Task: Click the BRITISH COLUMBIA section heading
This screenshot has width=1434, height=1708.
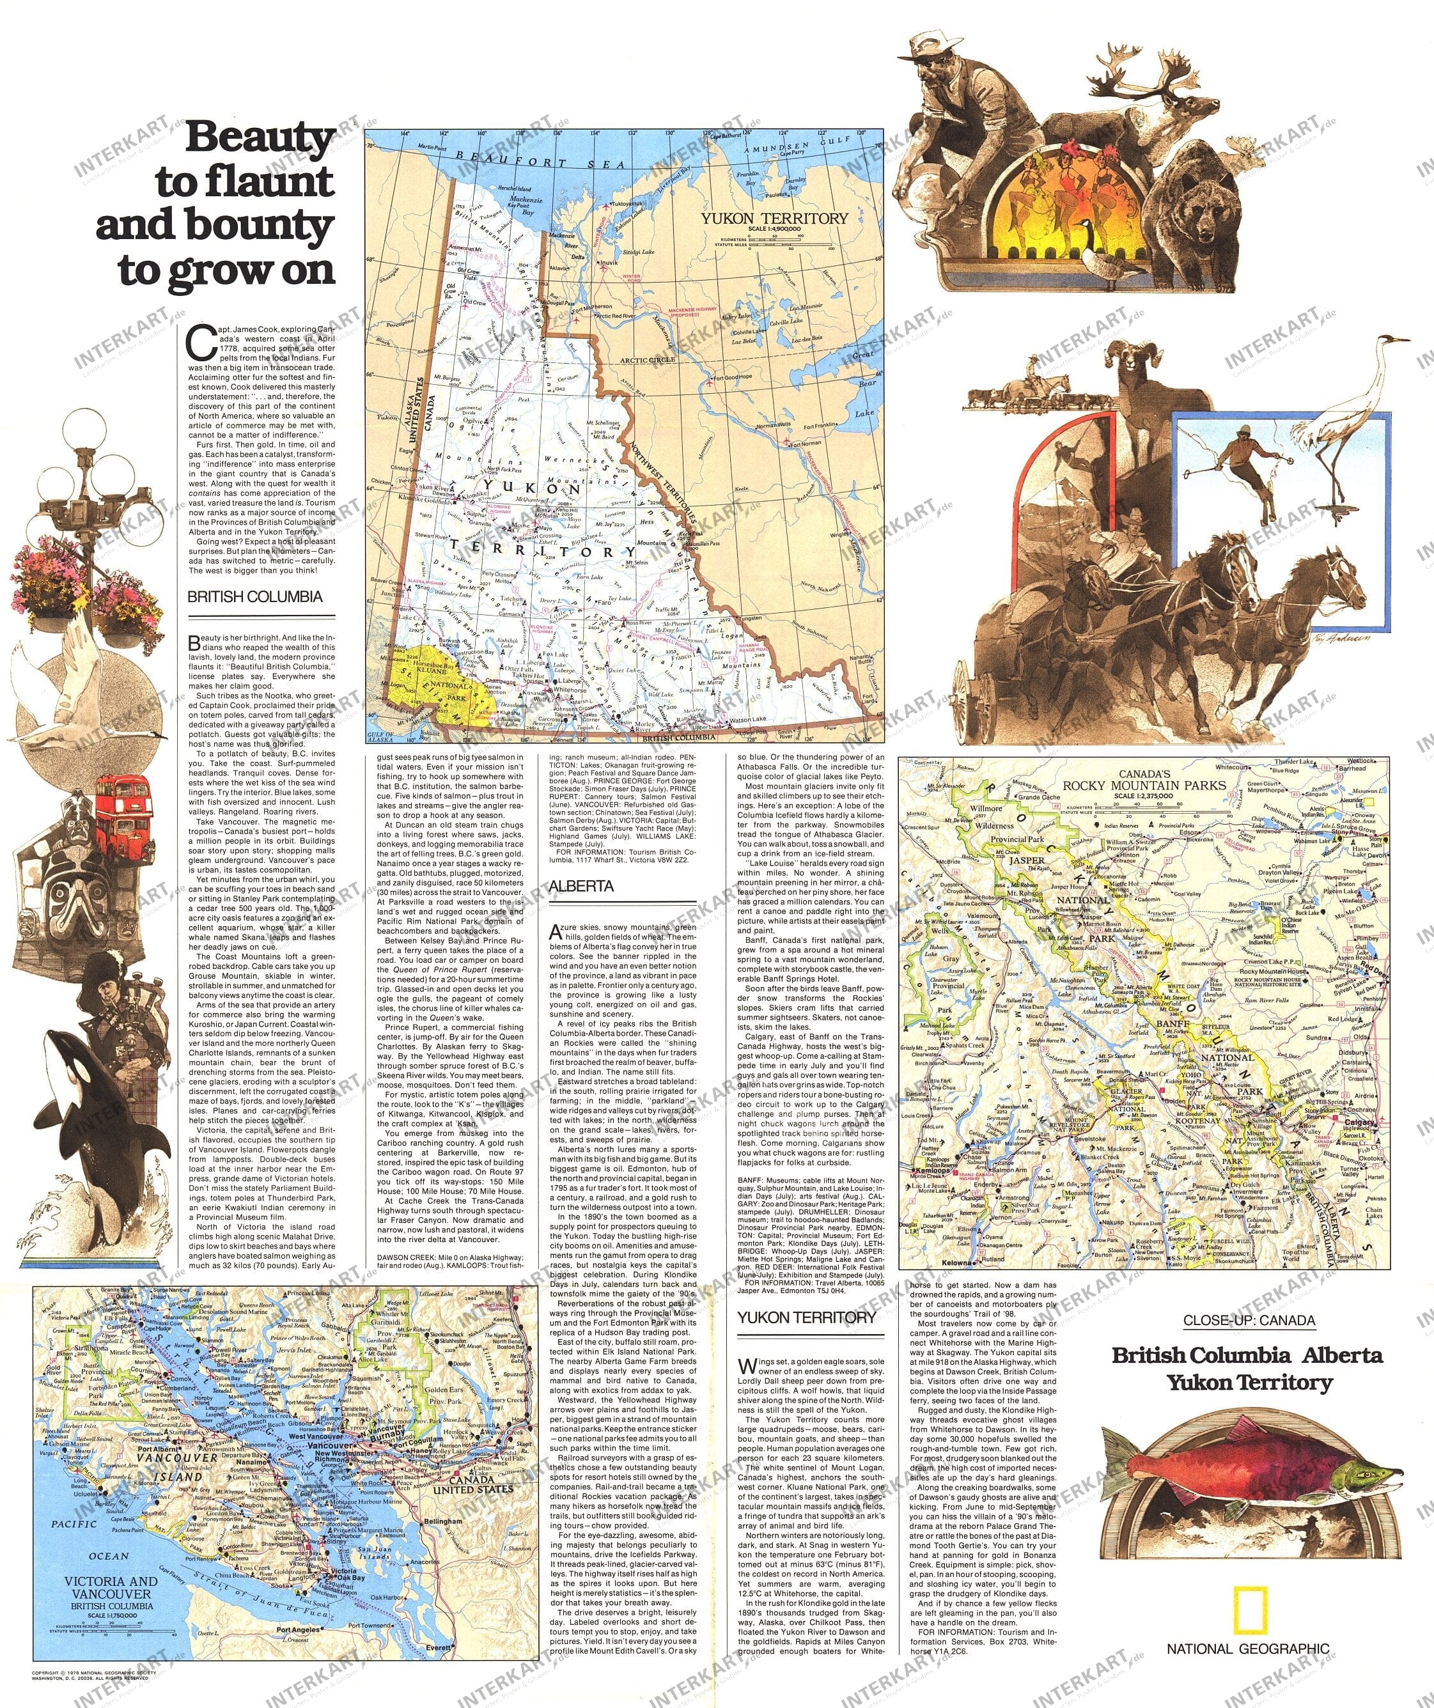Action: (x=254, y=596)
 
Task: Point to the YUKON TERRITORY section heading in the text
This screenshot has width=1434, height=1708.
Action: (x=806, y=1317)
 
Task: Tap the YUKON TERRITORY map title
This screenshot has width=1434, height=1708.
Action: (x=774, y=218)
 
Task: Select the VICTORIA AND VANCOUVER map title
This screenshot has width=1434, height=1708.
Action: (x=111, y=1588)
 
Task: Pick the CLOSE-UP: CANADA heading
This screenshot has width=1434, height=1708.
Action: (x=1249, y=1320)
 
